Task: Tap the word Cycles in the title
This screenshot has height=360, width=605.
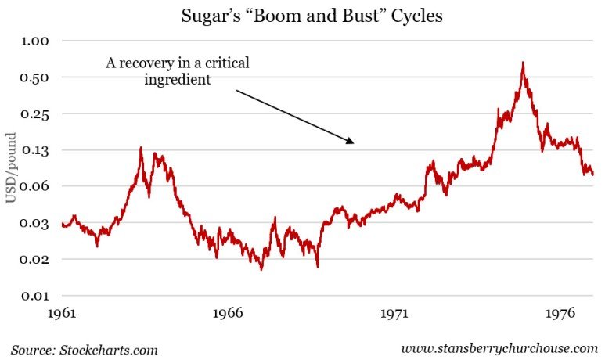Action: (414, 16)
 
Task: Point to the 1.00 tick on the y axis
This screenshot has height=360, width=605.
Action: (35, 41)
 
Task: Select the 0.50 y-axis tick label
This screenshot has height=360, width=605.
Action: (35, 77)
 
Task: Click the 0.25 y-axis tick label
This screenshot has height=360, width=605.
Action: (35, 114)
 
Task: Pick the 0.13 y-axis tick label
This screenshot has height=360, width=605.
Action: (35, 150)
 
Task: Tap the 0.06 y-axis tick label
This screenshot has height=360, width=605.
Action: (35, 186)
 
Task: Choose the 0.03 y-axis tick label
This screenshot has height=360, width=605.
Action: (35, 223)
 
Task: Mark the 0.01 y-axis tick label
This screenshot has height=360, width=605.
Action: (35, 296)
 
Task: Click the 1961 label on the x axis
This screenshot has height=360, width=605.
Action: (61, 314)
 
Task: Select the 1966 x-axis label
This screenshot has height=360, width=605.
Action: (228, 314)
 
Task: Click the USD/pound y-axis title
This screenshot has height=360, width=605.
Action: (11, 168)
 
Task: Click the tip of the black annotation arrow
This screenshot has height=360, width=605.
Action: (354, 143)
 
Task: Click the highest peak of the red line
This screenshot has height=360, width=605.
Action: (523, 63)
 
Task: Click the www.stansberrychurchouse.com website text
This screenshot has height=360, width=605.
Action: (499, 348)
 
